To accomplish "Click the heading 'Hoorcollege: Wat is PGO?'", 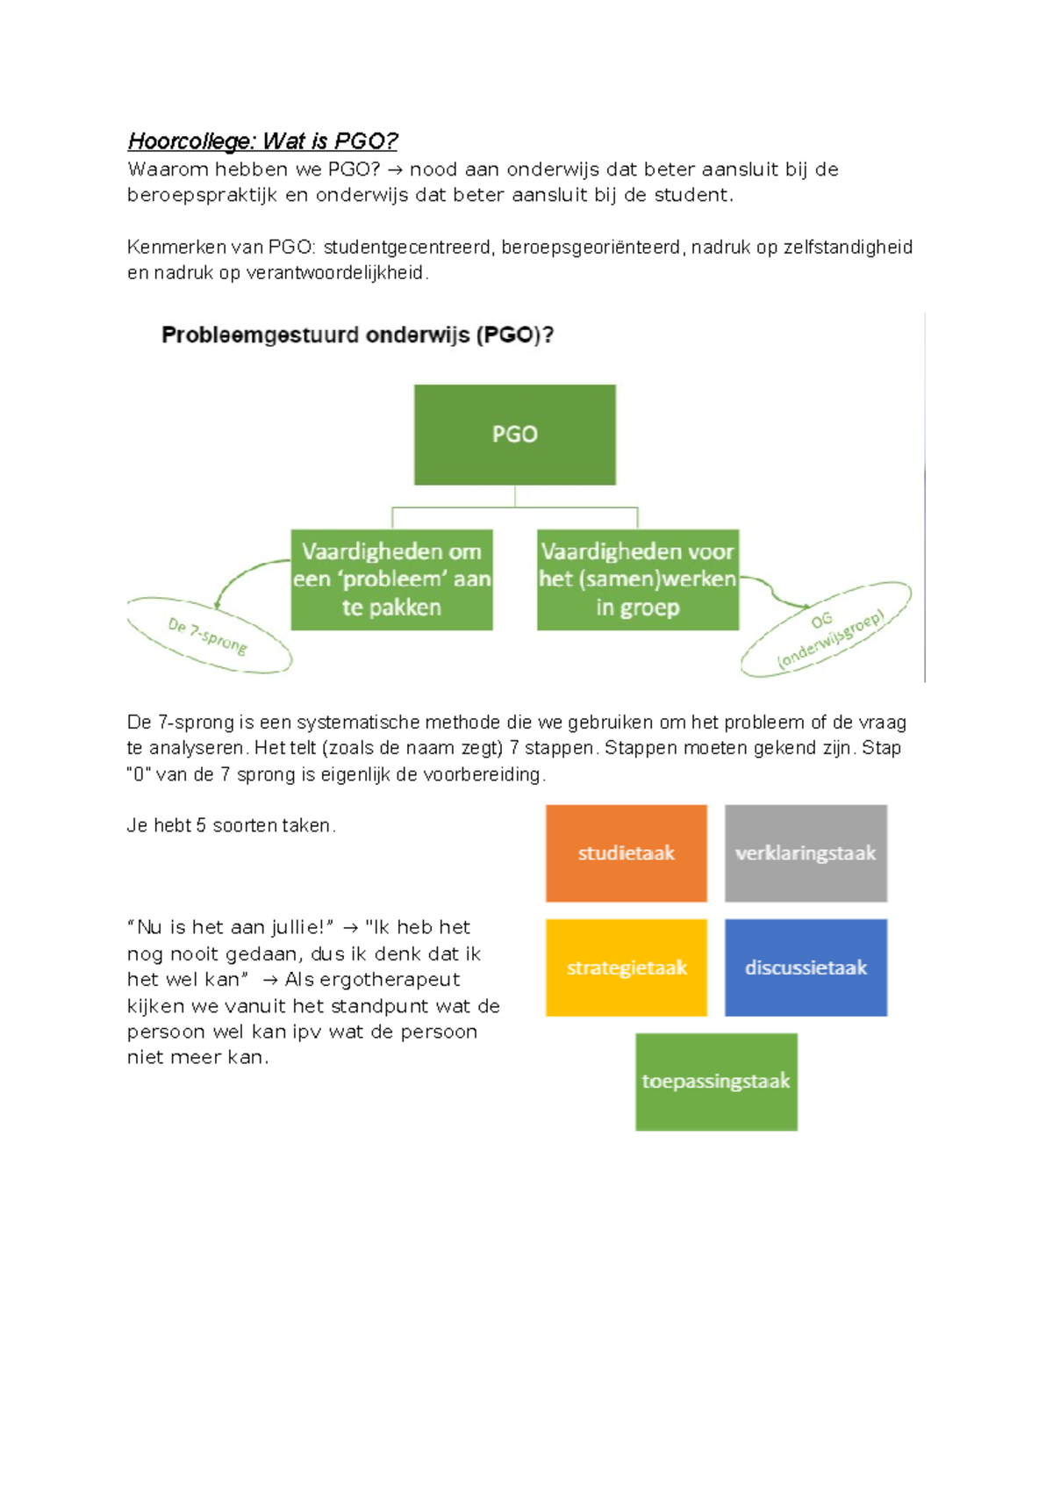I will (x=262, y=141).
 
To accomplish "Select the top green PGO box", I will (x=514, y=435).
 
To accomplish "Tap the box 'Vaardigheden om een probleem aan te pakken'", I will (x=391, y=579).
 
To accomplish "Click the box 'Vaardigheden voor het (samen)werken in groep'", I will (x=637, y=579).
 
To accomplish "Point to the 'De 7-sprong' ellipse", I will (x=209, y=636).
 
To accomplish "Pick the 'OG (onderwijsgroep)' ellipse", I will (x=826, y=629).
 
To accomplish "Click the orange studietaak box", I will (x=626, y=853).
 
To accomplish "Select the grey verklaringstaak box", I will (x=806, y=853).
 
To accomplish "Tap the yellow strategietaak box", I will (x=626, y=967).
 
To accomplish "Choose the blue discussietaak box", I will (x=806, y=967).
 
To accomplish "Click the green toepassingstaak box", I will (x=716, y=1082).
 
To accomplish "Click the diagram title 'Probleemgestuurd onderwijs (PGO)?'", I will (x=357, y=335).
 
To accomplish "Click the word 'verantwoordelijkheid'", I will (x=335, y=273).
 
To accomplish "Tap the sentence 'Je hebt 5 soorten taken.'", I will (x=231, y=826).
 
